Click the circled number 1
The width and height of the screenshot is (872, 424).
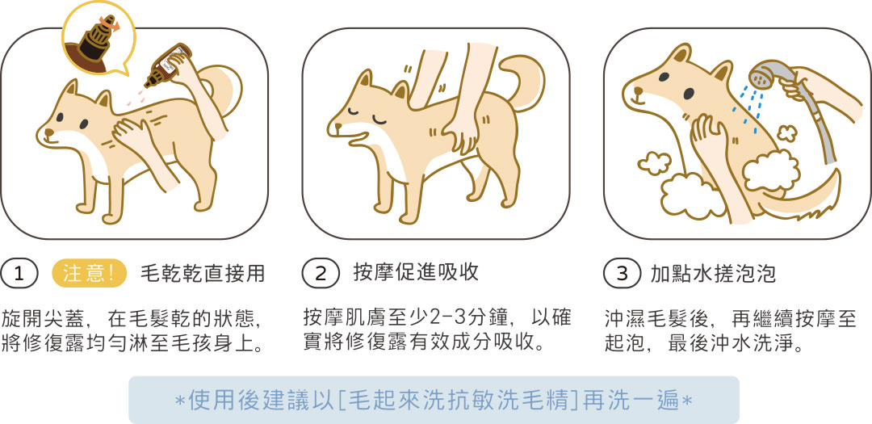[x=19, y=274]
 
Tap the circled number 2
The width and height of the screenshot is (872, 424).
[x=321, y=274]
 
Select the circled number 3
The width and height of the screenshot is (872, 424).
[x=623, y=274]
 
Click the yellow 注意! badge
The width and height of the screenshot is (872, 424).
[x=89, y=274]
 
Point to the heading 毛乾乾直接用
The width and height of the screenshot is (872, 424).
[x=203, y=273]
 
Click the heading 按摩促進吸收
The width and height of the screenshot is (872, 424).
[x=416, y=272]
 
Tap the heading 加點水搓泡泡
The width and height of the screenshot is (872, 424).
[x=714, y=273]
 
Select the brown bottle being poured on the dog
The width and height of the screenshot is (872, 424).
[x=167, y=65]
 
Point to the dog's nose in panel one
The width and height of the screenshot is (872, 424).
[x=49, y=133]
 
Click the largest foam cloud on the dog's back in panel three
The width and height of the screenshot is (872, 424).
[x=772, y=170]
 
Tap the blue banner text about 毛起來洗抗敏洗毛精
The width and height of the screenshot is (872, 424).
[x=434, y=401]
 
